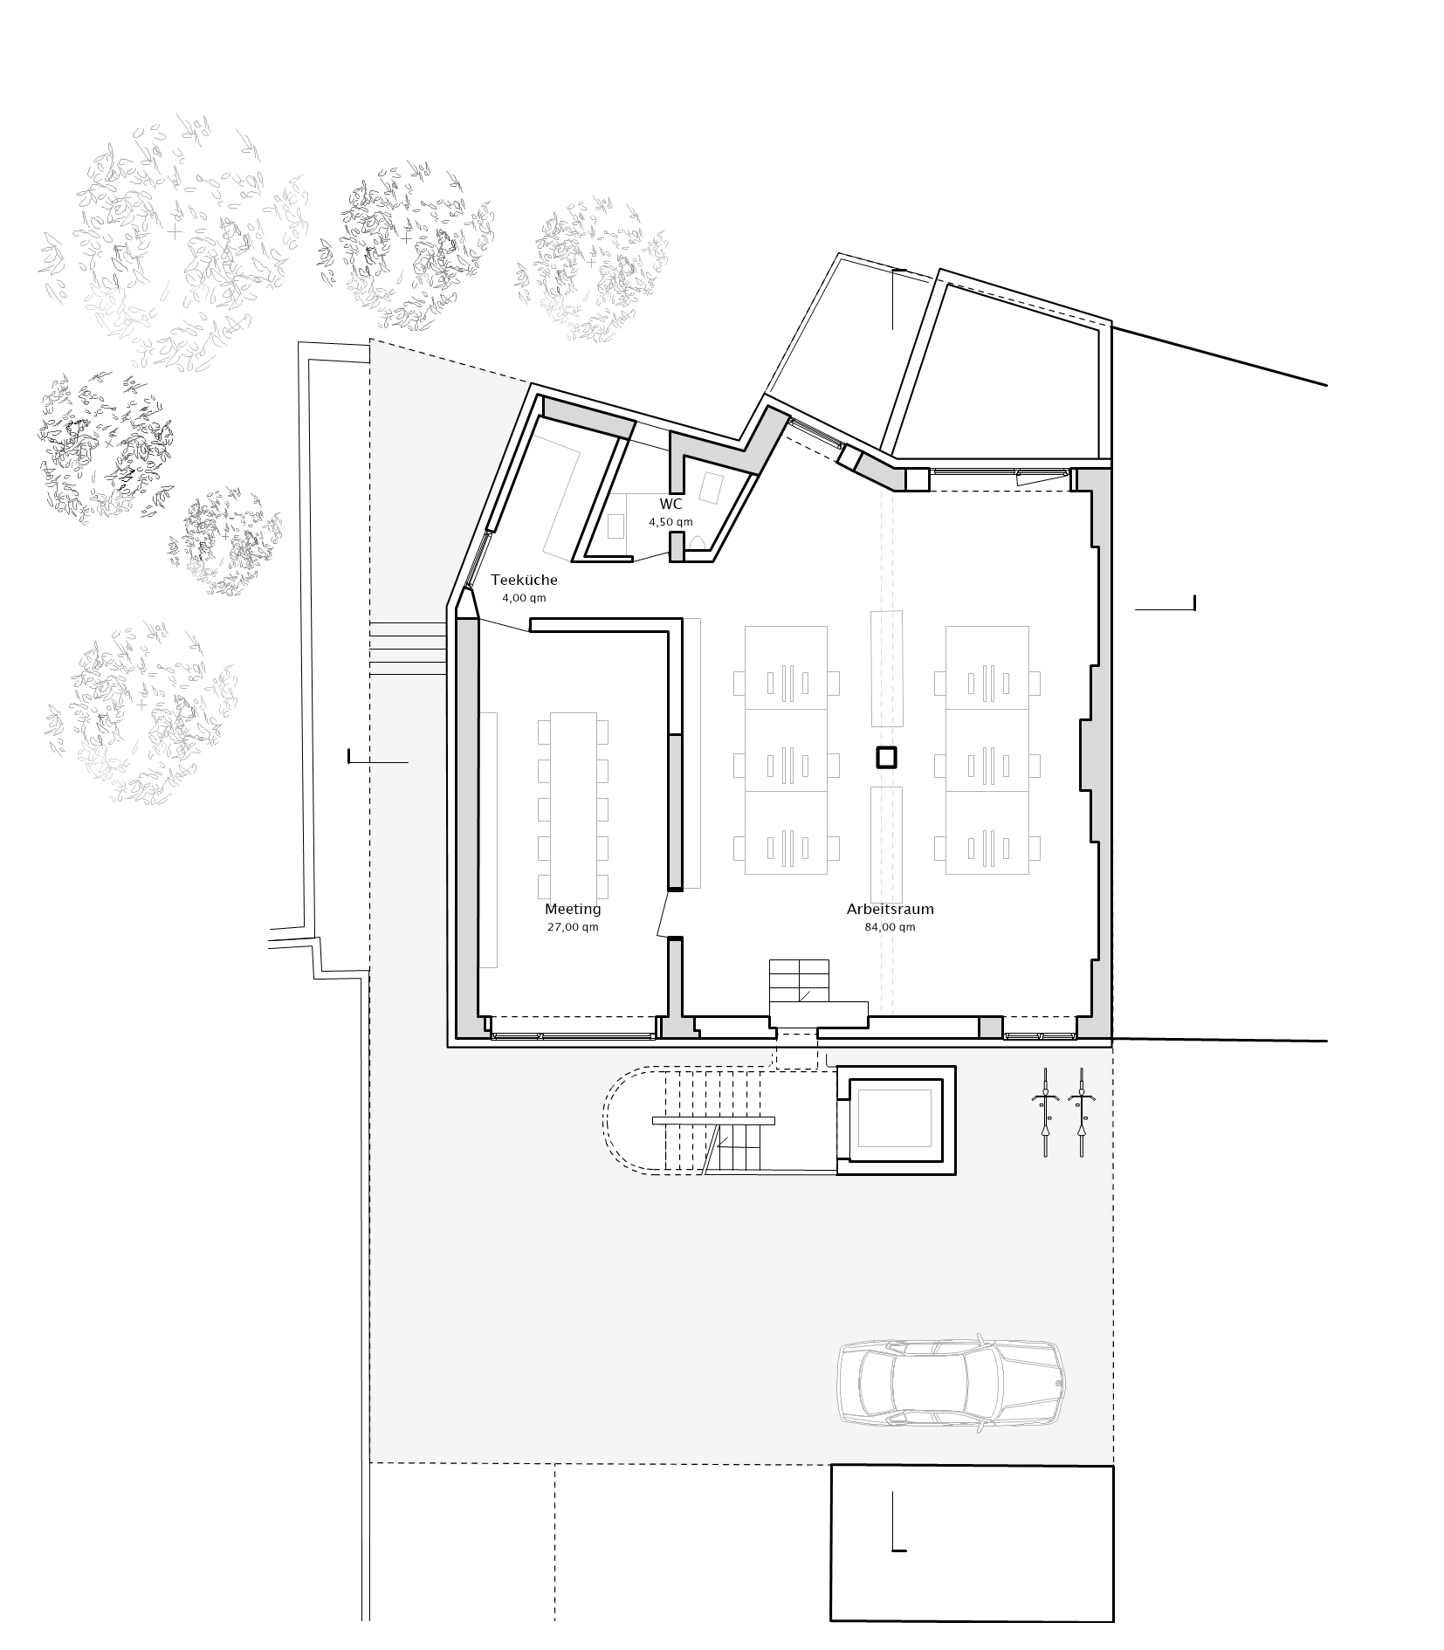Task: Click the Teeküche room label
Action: pos(524,580)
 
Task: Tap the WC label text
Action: pos(670,505)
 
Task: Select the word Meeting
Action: pos(573,909)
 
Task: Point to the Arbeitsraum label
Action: pos(890,909)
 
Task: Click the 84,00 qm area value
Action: pos(890,927)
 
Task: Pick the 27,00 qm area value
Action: pos(573,927)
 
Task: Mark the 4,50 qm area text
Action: pos(670,522)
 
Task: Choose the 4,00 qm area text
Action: pos(524,598)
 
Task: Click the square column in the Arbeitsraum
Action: pos(886,757)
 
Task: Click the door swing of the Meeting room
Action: pos(665,913)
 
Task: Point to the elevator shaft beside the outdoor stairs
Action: pos(895,1120)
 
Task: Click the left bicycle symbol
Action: pos(1044,1112)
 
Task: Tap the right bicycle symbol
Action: pos(1082,1112)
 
